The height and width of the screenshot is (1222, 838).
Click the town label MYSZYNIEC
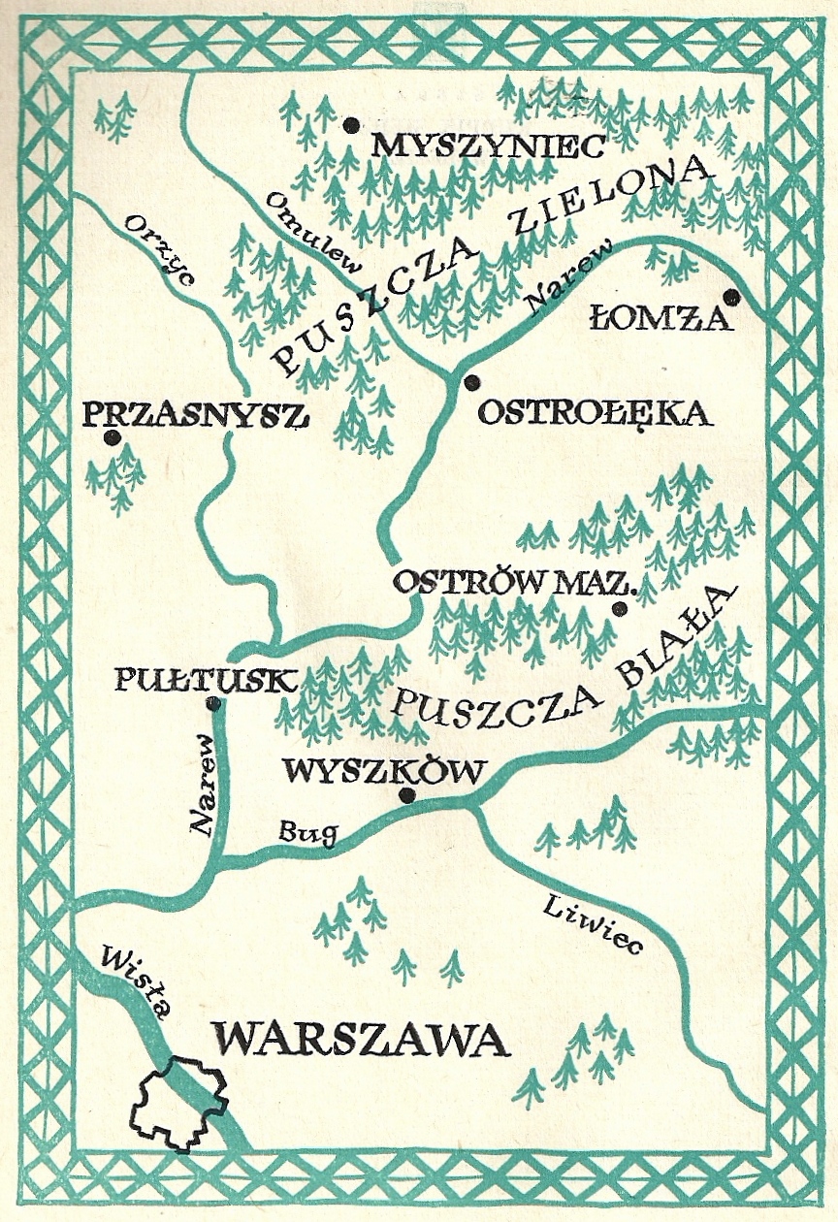490,146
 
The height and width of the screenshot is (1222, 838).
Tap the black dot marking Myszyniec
351,124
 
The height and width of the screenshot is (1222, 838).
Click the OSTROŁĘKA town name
596,414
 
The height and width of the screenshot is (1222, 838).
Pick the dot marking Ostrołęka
471,382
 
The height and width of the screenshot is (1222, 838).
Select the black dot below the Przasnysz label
113,437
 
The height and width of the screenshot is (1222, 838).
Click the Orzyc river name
161,251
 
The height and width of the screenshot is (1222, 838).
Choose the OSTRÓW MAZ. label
513,584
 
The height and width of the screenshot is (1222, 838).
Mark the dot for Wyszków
406,795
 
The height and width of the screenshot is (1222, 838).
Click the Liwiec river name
593,925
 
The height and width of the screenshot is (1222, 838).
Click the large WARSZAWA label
361,1040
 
